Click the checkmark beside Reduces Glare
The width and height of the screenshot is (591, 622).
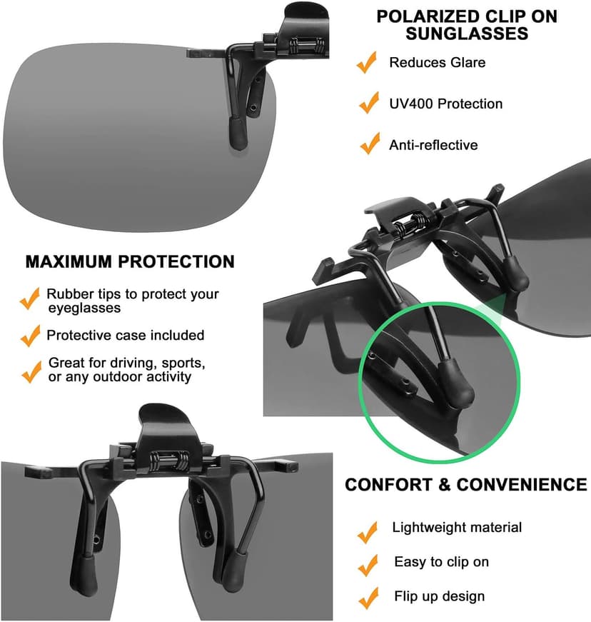coord(367,63)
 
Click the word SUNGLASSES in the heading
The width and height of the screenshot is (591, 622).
coord(467,34)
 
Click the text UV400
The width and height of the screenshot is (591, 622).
coord(411,104)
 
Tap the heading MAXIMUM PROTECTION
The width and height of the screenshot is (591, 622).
coord(130,261)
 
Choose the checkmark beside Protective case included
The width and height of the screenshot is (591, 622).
coord(30,335)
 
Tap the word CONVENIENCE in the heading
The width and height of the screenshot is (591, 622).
coord(522,486)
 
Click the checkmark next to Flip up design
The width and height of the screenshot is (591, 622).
coord(368,598)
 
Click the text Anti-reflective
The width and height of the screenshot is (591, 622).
coord(433,145)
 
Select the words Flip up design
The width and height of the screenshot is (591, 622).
coord(439,596)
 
